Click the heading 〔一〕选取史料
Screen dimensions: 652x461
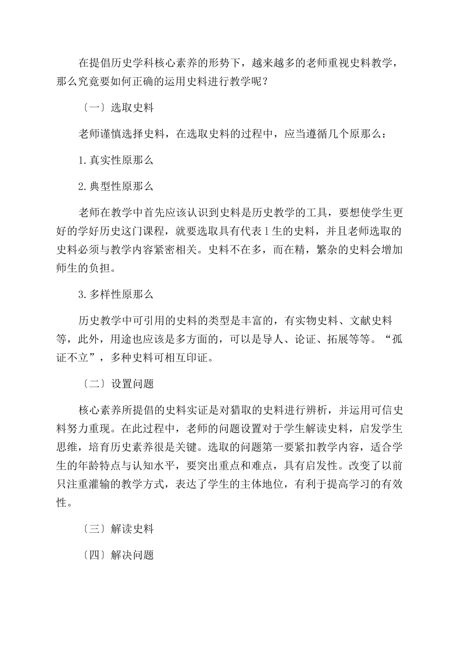117,108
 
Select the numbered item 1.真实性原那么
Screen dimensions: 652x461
116,160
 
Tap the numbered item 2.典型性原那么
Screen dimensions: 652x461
116,186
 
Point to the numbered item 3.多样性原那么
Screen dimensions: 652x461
116,294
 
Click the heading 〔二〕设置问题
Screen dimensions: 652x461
117,384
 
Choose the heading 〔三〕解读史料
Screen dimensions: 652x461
117,529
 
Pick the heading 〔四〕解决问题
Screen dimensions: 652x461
117,555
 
